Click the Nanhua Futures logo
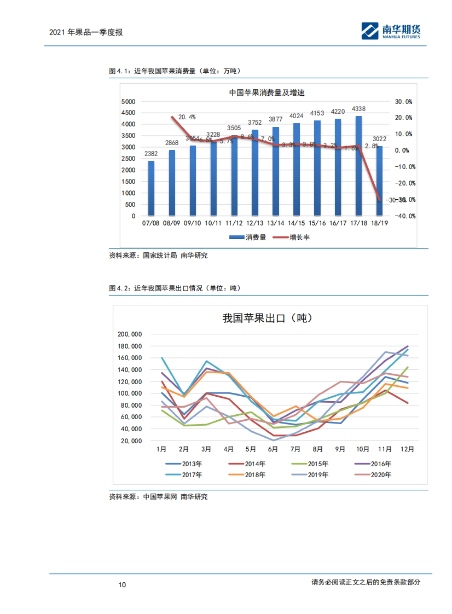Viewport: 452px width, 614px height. click(x=391, y=31)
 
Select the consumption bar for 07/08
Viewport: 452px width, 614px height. click(x=151, y=188)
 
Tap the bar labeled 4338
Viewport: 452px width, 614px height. click(x=359, y=166)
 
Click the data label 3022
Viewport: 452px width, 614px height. click(x=379, y=139)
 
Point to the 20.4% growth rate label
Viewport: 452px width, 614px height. click(x=187, y=117)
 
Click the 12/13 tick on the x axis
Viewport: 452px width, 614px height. click(x=255, y=223)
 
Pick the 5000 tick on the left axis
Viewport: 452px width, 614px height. click(x=128, y=102)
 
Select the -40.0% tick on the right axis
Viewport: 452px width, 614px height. click(x=405, y=216)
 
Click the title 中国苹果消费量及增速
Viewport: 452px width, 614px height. click(x=267, y=93)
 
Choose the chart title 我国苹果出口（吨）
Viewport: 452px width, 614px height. click(x=267, y=318)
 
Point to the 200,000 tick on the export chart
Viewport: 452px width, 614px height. click(x=130, y=334)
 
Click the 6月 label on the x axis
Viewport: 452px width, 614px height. click(x=273, y=449)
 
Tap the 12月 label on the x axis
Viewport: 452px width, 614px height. click(x=407, y=449)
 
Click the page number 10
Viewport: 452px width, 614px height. click(x=122, y=585)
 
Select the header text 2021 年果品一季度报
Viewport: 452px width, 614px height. click(x=86, y=32)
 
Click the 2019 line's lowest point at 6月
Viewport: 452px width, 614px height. click(x=273, y=440)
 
